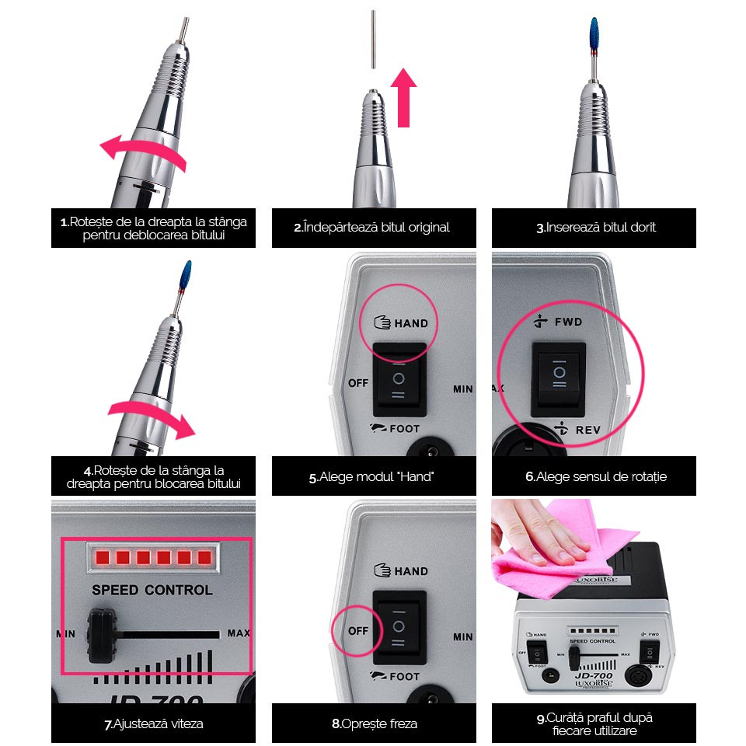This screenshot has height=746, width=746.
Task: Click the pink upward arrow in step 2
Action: pyautogui.click(x=403, y=98)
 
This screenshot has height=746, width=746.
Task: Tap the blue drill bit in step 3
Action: pyautogui.click(x=594, y=34)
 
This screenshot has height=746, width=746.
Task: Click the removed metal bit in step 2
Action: pyautogui.click(x=374, y=39)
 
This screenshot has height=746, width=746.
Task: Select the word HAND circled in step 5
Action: pyautogui.click(x=411, y=323)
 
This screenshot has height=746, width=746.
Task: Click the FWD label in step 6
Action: pyautogui.click(x=569, y=322)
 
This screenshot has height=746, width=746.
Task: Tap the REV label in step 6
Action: pyautogui.click(x=588, y=430)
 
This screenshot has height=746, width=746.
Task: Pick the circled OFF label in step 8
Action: pyautogui.click(x=358, y=631)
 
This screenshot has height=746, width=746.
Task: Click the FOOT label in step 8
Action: pyautogui.click(x=404, y=677)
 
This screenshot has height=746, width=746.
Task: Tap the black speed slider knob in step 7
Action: pyautogui.click(x=102, y=635)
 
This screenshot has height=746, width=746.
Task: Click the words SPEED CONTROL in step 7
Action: pyautogui.click(x=152, y=590)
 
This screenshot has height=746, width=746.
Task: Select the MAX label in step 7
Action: pyautogui.click(x=239, y=633)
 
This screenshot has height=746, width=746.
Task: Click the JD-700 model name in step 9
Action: pyautogui.click(x=594, y=675)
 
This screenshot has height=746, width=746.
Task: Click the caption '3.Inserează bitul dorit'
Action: pyautogui.click(x=596, y=228)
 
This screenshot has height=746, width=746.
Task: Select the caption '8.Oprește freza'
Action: pyautogui.click(x=375, y=723)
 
